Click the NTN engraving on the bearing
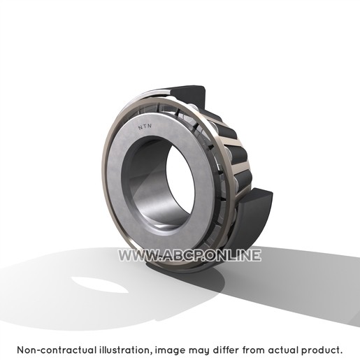145,127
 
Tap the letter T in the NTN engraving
145,127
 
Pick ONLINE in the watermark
233,255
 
